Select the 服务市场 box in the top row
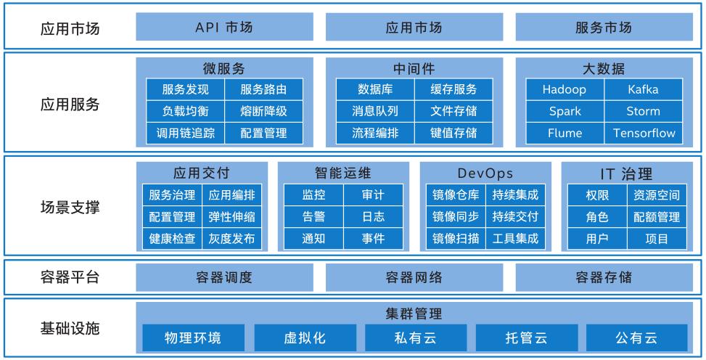click(603, 28)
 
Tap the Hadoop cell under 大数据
click(564, 89)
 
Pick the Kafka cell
click(643, 89)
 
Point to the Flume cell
click(564, 133)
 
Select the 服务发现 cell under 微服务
click(185, 89)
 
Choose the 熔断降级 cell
click(263, 111)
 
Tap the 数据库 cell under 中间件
click(374, 89)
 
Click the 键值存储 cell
click(453, 133)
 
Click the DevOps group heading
click(485, 173)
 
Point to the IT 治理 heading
click(626, 173)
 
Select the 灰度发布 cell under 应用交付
click(231, 238)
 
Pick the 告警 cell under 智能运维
click(313, 216)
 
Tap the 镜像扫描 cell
click(455, 238)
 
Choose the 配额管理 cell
click(656, 216)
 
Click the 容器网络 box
click(413, 277)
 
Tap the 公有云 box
click(636, 337)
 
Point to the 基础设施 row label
click(69, 327)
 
